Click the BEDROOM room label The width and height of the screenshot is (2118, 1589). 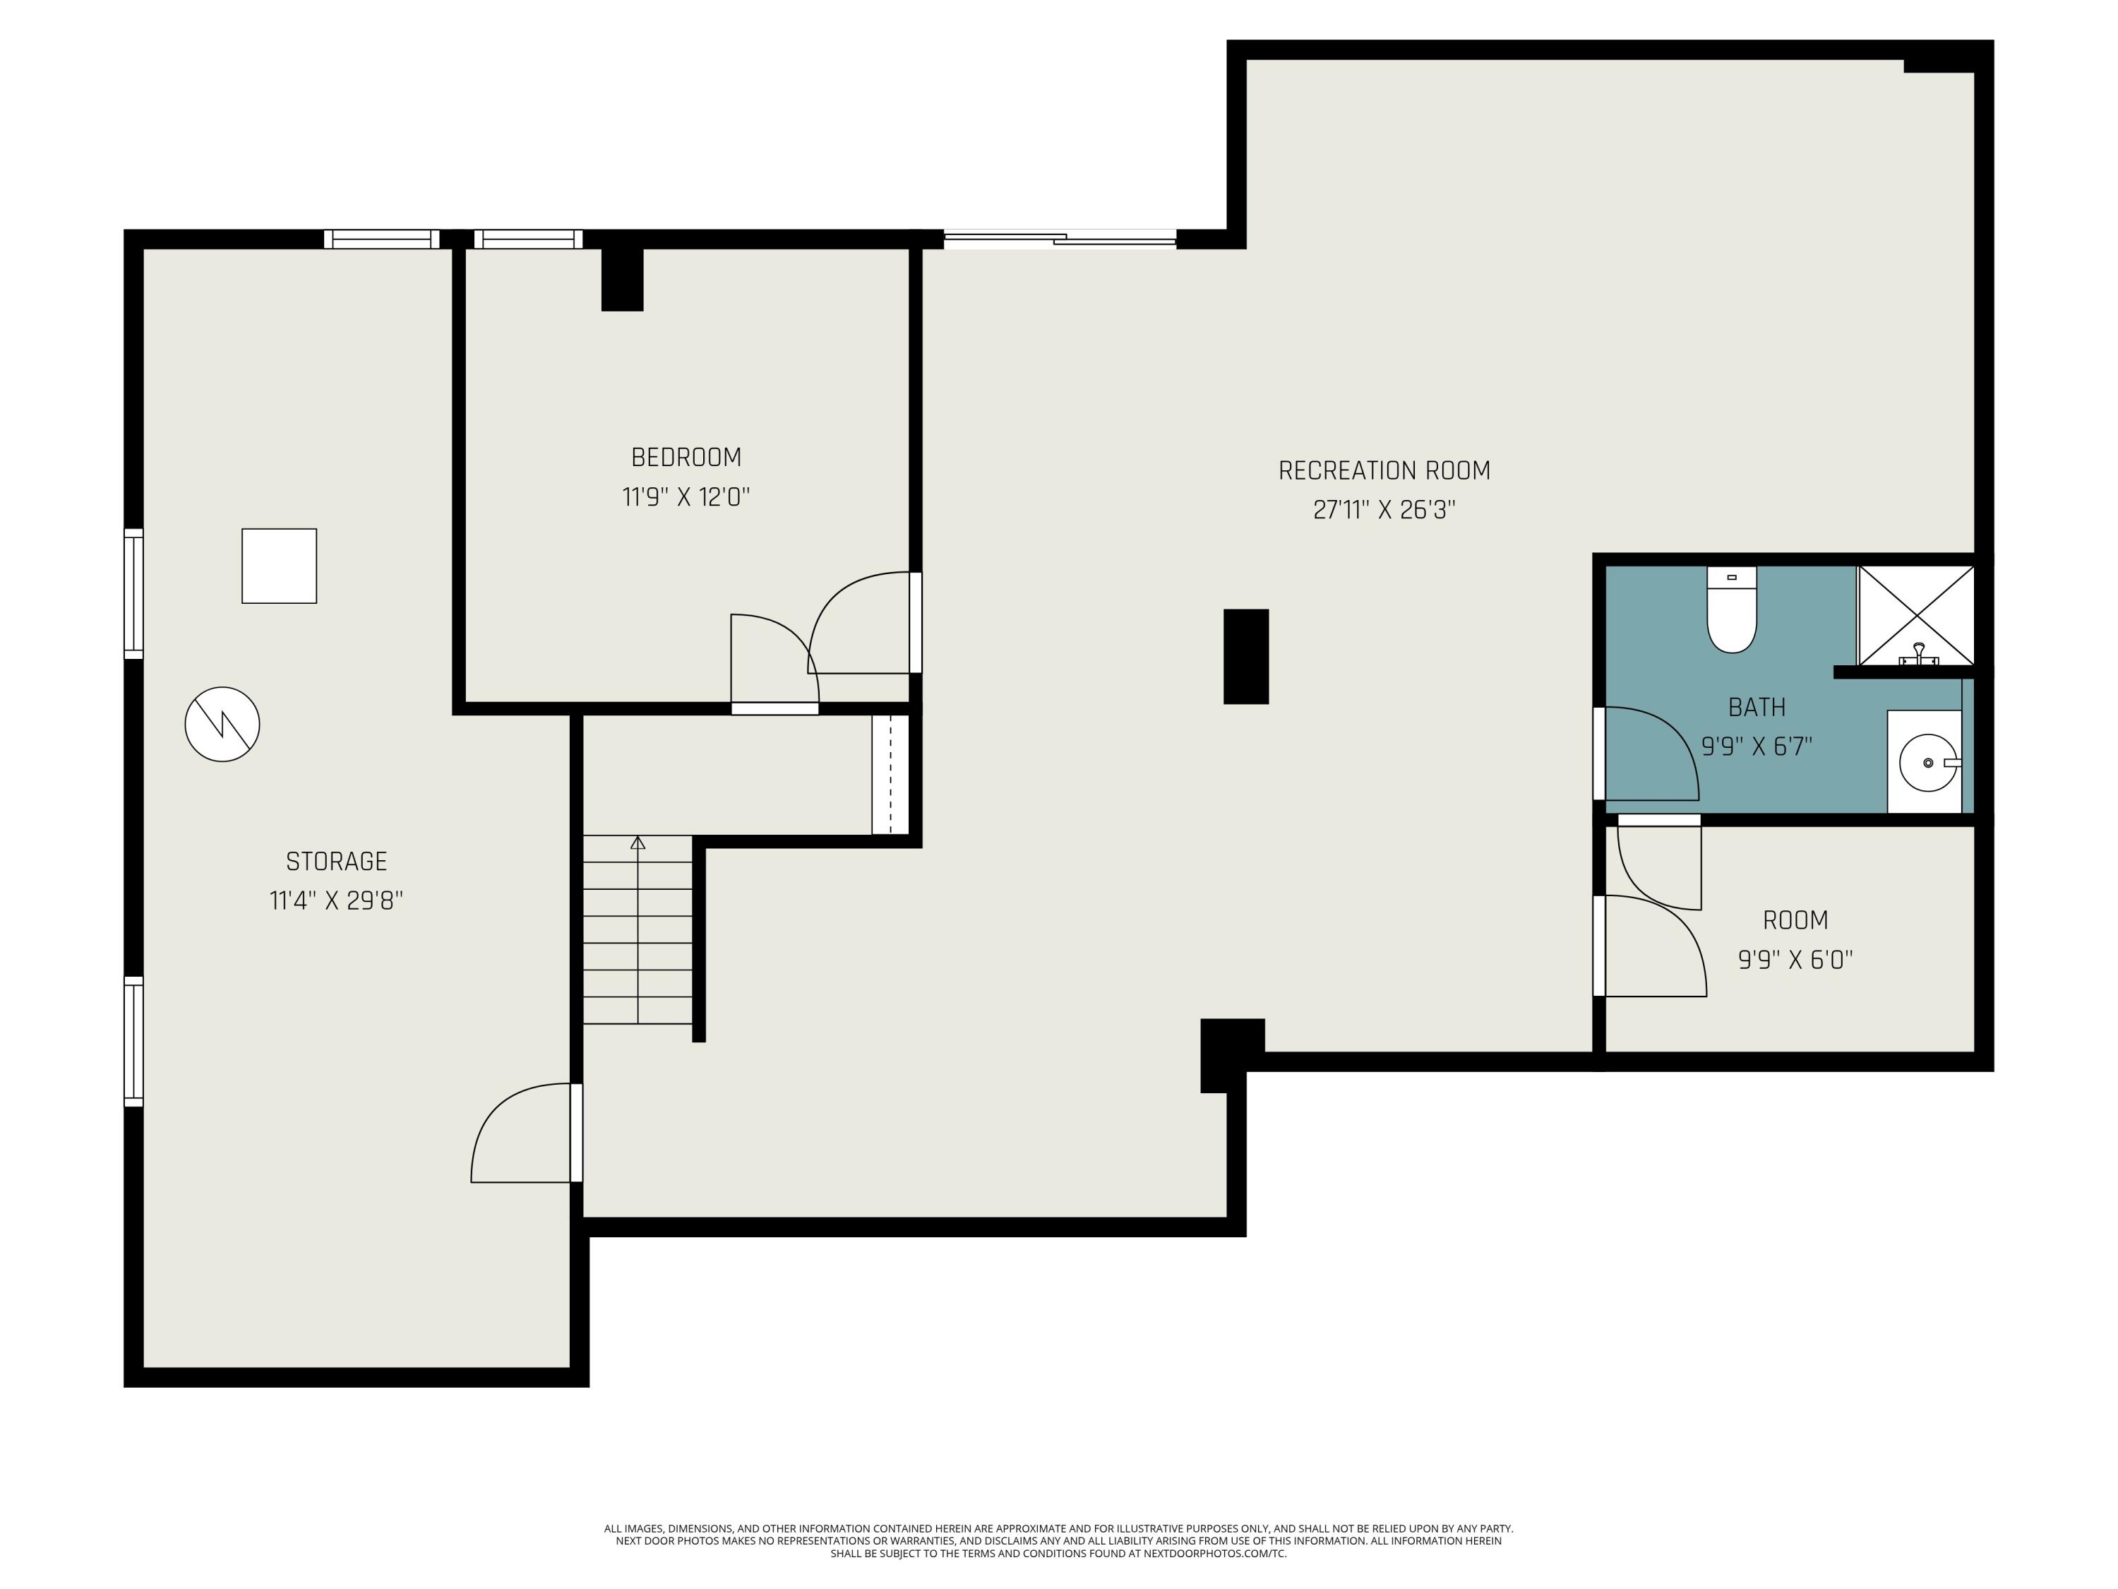(x=686, y=458)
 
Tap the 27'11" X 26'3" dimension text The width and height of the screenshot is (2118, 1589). (x=1384, y=510)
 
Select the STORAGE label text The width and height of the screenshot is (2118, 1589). (x=336, y=861)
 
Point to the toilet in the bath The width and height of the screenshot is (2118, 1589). (x=1731, y=613)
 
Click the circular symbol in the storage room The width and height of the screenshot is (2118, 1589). (x=222, y=724)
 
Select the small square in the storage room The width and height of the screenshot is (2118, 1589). (x=279, y=566)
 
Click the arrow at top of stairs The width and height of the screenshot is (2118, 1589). (x=638, y=843)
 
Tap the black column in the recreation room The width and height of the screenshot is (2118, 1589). (x=1245, y=656)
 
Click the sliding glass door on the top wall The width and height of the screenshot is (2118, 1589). (x=1059, y=239)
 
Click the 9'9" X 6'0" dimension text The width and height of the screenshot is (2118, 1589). (x=1795, y=960)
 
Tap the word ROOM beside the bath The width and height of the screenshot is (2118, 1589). (x=1795, y=920)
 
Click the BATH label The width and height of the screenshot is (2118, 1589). (x=1756, y=708)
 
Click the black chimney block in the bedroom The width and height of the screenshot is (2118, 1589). (x=621, y=279)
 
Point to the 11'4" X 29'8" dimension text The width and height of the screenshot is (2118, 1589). (x=336, y=901)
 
